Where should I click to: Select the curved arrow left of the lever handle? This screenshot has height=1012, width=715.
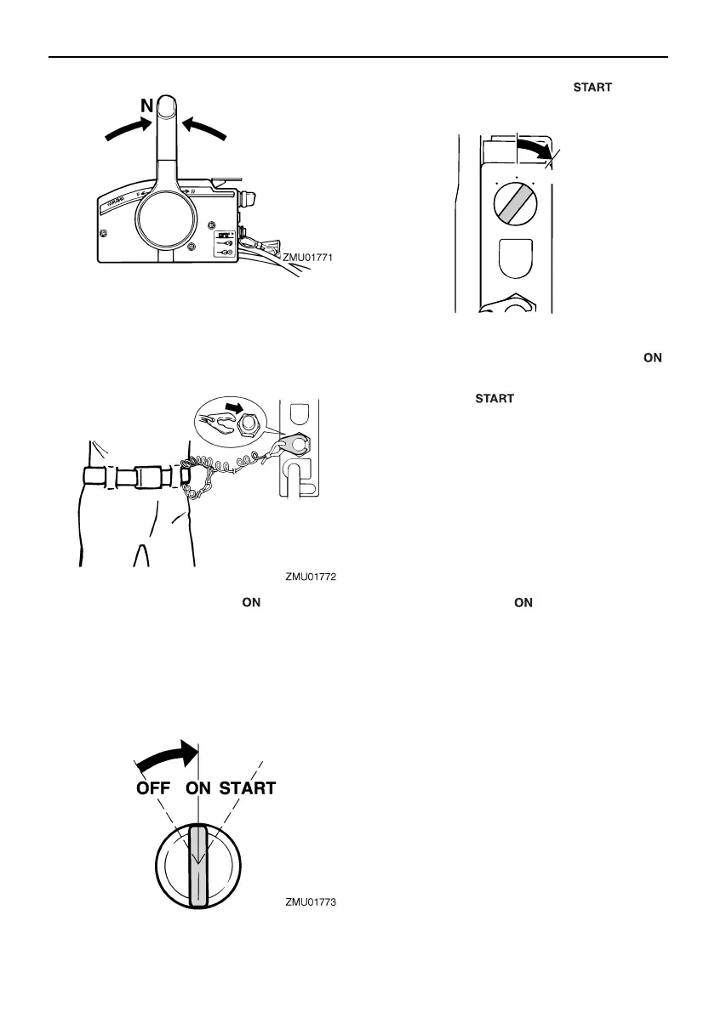[x=126, y=129]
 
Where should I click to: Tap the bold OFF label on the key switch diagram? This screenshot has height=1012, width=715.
[x=161, y=788]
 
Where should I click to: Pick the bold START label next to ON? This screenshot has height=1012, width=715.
[x=248, y=788]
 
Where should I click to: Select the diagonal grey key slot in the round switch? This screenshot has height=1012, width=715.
[x=516, y=207]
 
